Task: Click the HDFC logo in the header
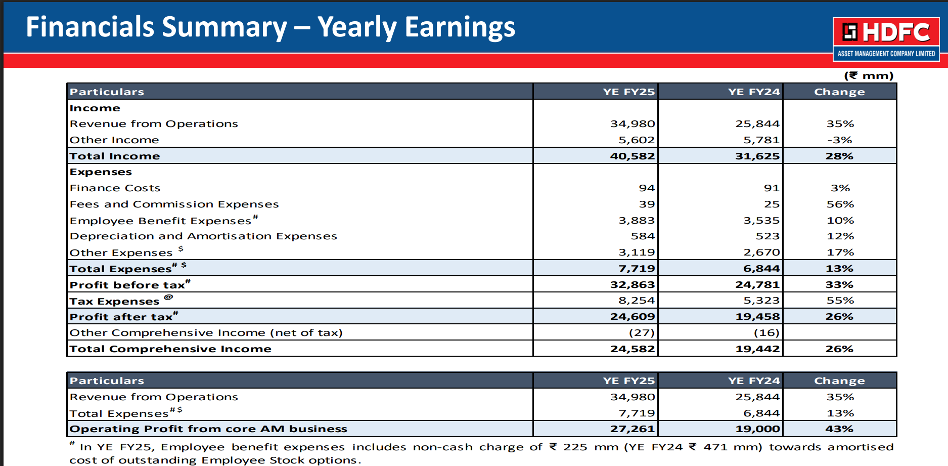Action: point(886,39)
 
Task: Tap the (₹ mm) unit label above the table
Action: point(869,75)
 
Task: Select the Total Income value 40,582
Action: point(632,156)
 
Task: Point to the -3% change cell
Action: point(839,140)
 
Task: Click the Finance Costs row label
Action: point(115,188)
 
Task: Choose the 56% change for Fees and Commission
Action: point(840,204)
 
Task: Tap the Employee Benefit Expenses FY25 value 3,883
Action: point(637,220)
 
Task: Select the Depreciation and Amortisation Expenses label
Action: point(203,236)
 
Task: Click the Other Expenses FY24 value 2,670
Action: point(761,252)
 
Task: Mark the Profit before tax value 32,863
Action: point(632,284)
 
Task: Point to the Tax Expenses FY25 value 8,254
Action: point(637,300)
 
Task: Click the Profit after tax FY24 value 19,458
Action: point(757,316)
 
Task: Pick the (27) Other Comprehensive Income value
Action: point(642,332)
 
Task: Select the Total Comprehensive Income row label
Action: point(170,349)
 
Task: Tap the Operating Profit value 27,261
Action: point(632,429)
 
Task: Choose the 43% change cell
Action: point(839,429)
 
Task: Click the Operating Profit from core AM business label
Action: point(208,429)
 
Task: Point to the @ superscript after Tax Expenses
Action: point(168,297)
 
